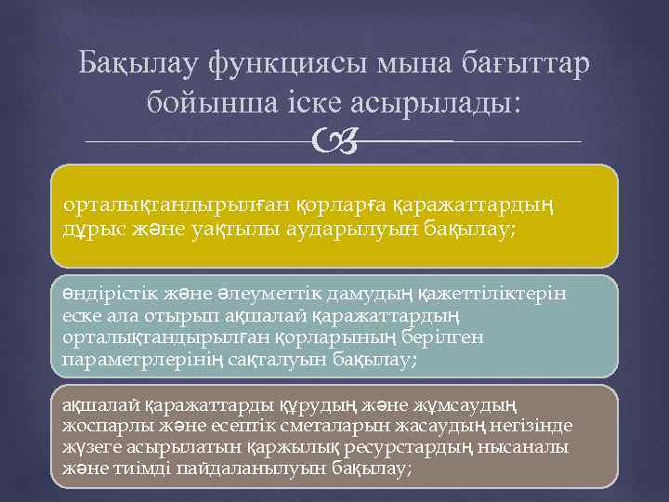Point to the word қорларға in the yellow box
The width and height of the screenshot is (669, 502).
(342, 203)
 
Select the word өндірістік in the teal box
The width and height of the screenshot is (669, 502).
(107, 295)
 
